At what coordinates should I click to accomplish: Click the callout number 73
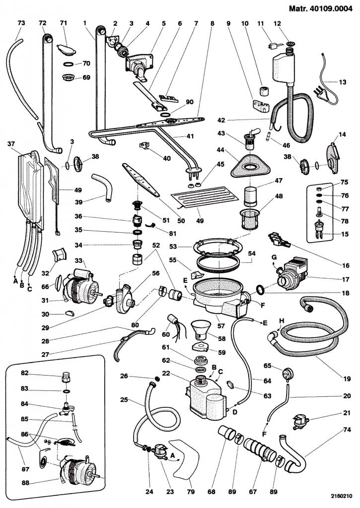21,23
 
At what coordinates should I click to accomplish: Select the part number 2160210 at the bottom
341,495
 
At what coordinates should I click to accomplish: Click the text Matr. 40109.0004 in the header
322,8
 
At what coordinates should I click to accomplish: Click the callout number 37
10,144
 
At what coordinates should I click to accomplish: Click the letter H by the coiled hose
283,320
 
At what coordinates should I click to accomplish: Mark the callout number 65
267,366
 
